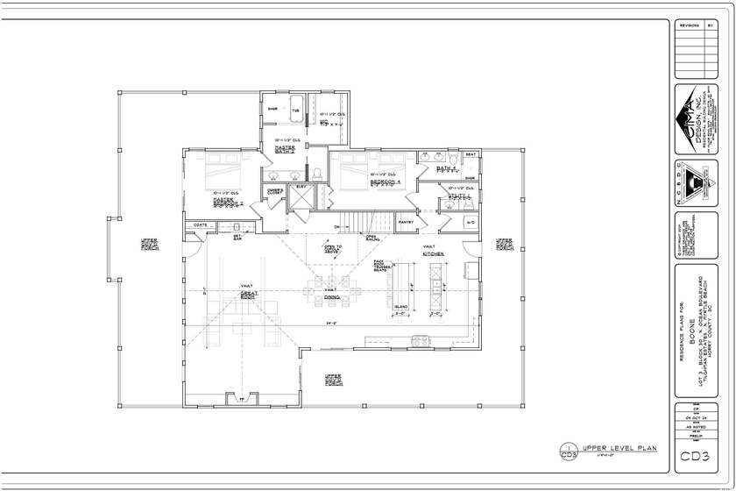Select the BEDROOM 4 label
[385, 182]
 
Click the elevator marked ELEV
[301, 197]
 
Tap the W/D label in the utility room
[471, 222]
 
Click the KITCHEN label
[432, 254]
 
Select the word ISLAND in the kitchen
[400, 306]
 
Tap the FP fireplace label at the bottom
[241, 399]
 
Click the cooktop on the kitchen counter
[418, 339]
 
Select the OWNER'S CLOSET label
[274, 189]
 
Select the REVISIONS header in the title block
[690, 26]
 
